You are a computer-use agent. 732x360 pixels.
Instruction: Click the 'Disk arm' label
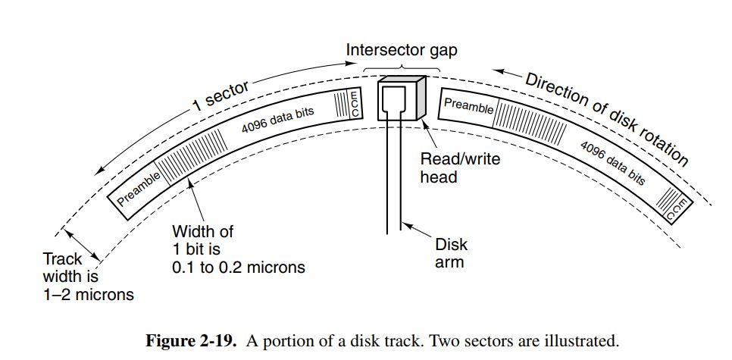tap(451, 253)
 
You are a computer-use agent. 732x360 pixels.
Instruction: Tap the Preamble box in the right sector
tap(468, 106)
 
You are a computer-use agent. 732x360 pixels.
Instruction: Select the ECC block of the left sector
tap(354, 104)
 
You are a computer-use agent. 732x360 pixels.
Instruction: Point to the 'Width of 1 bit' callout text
tap(202, 239)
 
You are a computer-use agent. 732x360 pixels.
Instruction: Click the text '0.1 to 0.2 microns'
tap(238, 266)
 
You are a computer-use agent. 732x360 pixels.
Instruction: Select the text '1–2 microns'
tap(88, 294)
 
